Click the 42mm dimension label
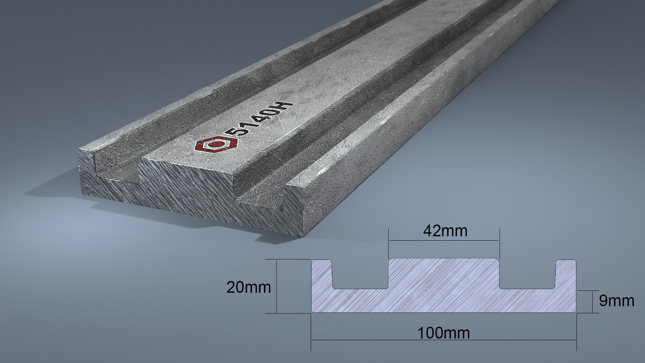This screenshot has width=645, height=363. [x=445, y=231]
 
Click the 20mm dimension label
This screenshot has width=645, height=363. [x=249, y=288]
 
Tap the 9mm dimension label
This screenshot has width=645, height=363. [x=616, y=301]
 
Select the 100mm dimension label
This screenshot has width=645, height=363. [x=443, y=333]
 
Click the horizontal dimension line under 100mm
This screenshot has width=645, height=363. [x=443, y=340]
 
